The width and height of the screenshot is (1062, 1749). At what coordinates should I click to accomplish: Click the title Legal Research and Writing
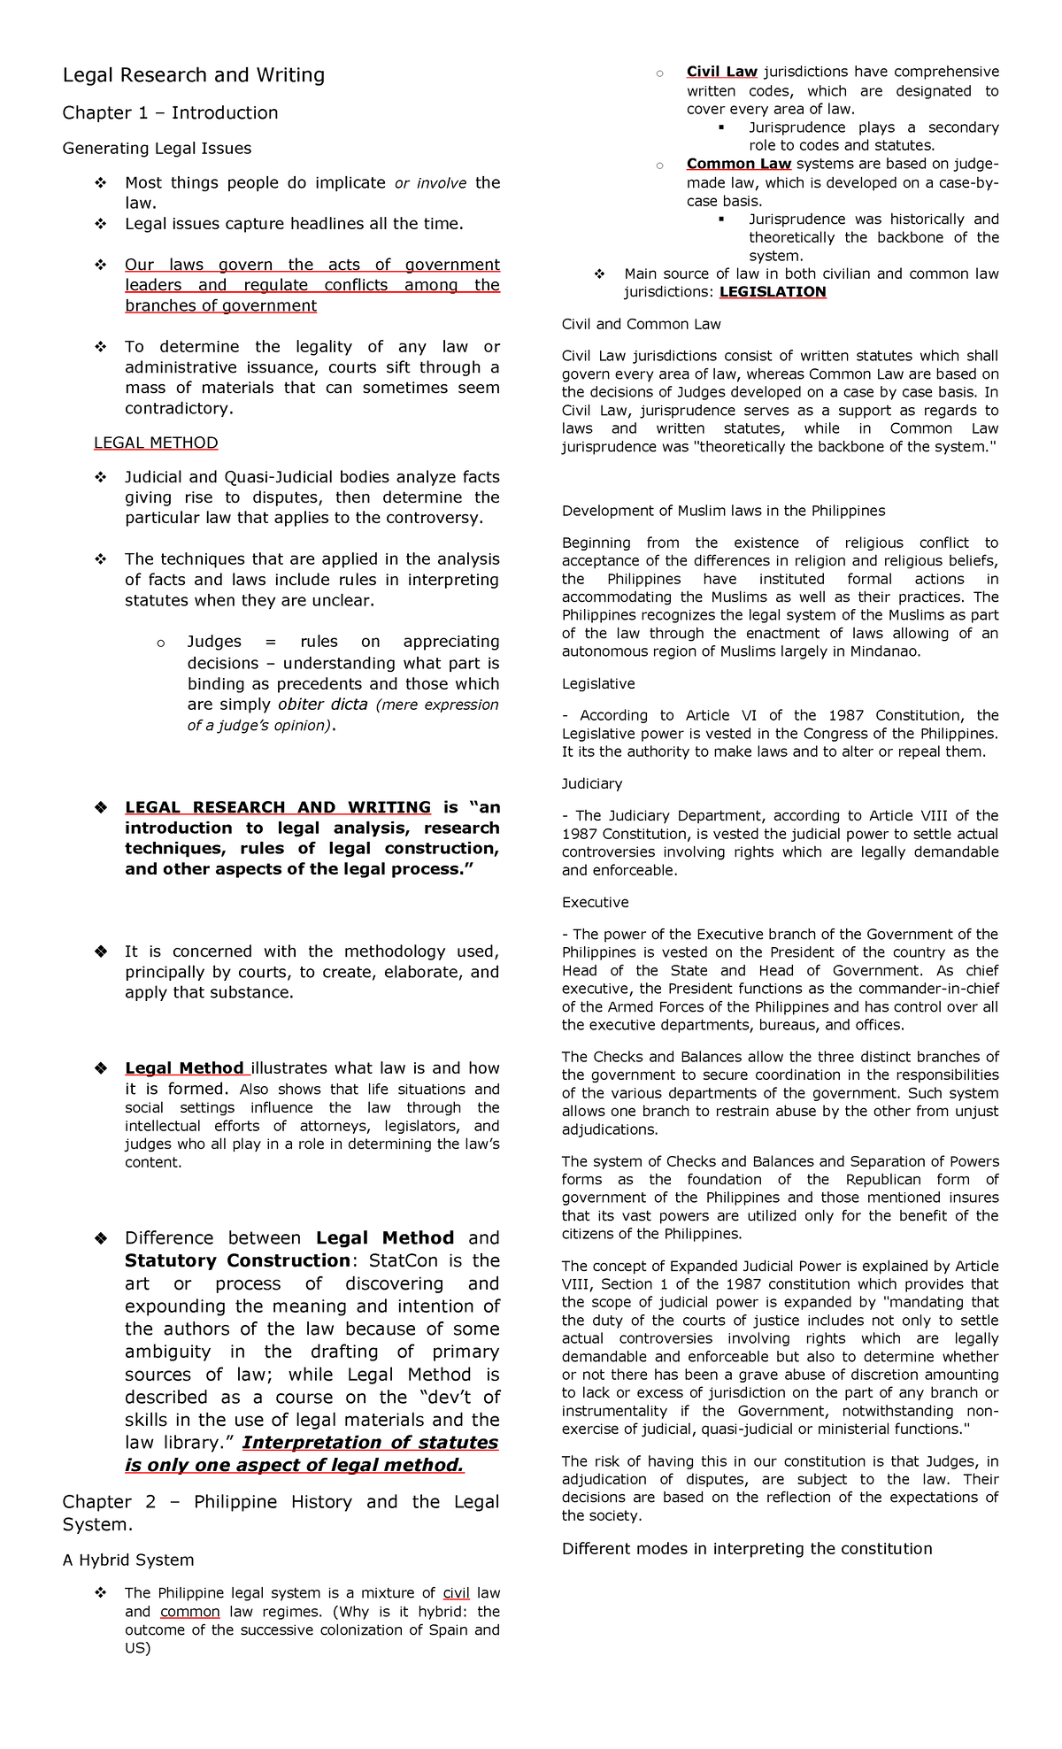coord(193,75)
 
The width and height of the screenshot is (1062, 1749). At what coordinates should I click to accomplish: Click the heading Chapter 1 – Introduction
coord(170,113)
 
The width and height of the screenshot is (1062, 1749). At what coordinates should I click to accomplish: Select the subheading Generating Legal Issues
coord(157,149)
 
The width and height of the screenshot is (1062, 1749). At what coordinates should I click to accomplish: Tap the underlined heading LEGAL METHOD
coord(156,443)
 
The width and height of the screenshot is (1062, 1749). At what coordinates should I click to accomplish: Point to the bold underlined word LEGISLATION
coord(773,292)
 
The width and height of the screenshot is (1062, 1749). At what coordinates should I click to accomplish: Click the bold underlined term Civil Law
coord(721,72)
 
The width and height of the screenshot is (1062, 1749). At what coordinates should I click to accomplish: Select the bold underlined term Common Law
coord(738,164)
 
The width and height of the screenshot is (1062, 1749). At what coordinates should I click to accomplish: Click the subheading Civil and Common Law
coord(641,324)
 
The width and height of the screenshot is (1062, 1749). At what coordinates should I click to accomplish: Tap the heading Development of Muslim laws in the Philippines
coord(723,511)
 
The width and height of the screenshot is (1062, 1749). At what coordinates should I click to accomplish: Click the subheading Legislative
coord(598,683)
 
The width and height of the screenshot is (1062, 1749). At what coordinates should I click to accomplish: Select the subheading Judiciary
coord(592,783)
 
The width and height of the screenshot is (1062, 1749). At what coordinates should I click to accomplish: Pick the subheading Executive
coord(595,902)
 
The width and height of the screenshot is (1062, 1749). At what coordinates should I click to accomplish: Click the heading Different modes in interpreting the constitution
coord(747,1548)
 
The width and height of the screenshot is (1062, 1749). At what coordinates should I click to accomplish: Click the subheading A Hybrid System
coord(128,1560)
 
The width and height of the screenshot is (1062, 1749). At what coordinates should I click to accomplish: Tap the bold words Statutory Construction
coord(237,1260)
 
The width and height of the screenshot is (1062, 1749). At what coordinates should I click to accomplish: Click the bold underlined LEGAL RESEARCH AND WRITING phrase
coord(277,807)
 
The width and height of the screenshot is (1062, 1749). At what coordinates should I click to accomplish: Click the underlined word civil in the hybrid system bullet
coord(456,1593)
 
